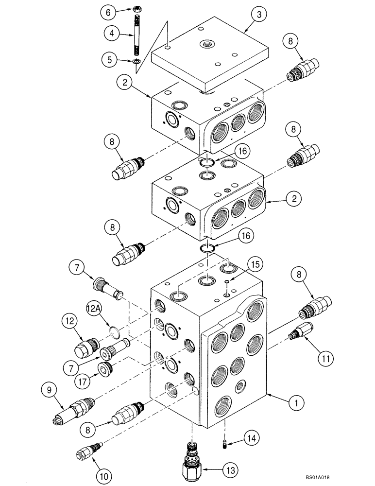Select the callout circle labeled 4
112,35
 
